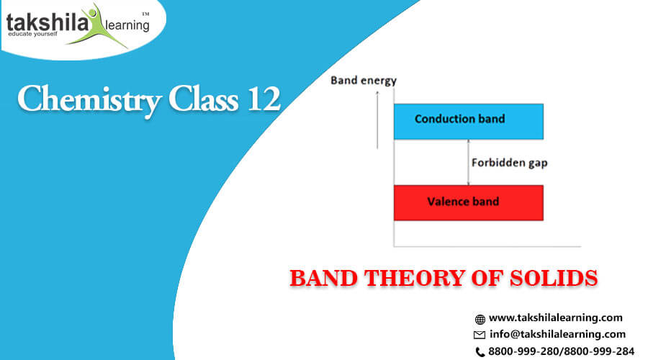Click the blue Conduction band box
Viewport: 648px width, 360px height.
[469, 122]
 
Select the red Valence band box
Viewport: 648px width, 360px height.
[469, 202]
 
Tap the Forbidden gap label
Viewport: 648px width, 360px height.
[510, 163]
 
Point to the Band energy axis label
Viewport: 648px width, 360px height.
[364, 81]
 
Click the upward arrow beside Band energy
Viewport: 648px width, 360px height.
[377, 120]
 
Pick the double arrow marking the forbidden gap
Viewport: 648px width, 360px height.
[468, 163]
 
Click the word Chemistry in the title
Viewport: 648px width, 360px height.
[90, 100]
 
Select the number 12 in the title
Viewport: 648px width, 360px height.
[264, 99]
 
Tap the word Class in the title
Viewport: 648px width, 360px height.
[203, 99]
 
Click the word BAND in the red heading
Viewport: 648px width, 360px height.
[323, 278]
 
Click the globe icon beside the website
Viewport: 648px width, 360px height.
[480, 319]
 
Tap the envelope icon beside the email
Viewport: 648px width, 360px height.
[480, 335]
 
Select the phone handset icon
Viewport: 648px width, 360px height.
[480, 352]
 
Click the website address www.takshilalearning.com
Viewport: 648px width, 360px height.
[555, 318]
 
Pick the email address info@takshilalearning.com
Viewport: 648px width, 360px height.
[557, 334]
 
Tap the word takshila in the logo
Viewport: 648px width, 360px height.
[47, 22]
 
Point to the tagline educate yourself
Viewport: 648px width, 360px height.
[32, 34]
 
